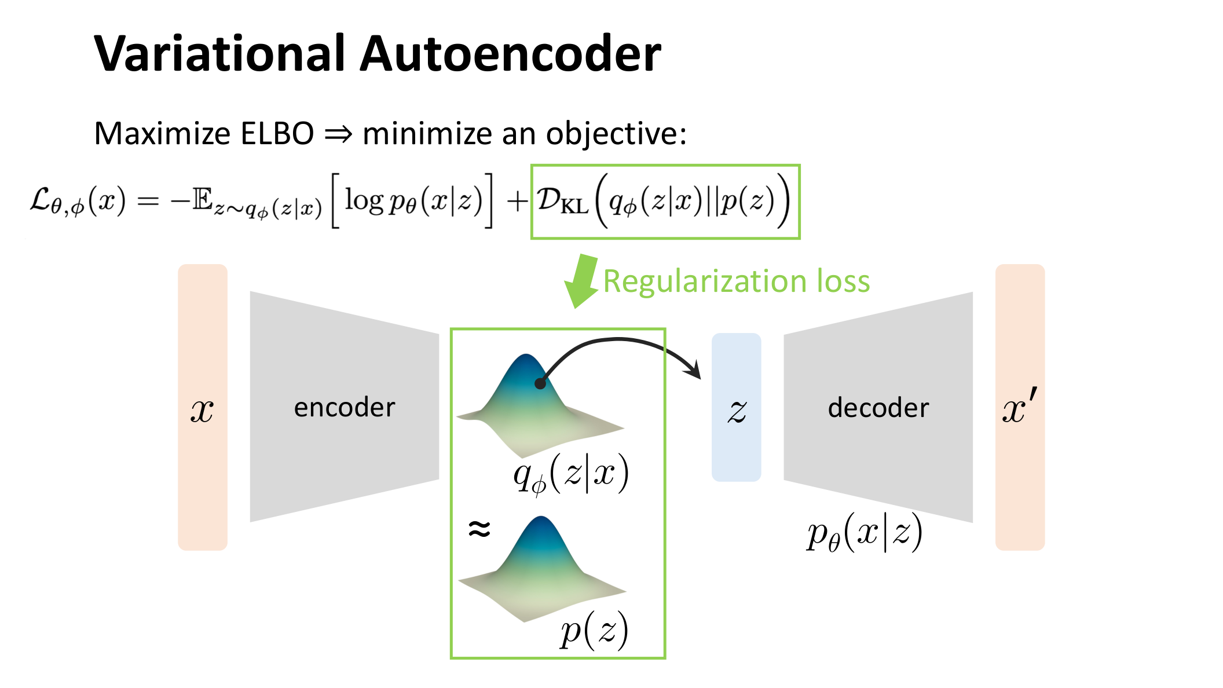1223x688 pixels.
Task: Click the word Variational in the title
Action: [x=220, y=53]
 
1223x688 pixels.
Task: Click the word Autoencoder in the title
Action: [x=510, y=53]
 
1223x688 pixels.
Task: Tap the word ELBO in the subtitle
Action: [x=277, y=134]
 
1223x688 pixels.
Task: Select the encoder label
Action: [x=345, y=408]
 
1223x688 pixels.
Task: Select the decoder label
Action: [x=878, y=408]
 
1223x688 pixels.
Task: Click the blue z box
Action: [x=736, y=407]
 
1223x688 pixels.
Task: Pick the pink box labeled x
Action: [x=203, y=407]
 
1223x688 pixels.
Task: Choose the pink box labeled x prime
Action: [x=1020, y=407]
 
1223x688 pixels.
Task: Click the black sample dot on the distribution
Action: [x=540, y=383]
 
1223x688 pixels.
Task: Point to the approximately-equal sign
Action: [x=479, y=528]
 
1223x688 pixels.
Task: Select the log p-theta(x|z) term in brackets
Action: [x=413, y=201]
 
